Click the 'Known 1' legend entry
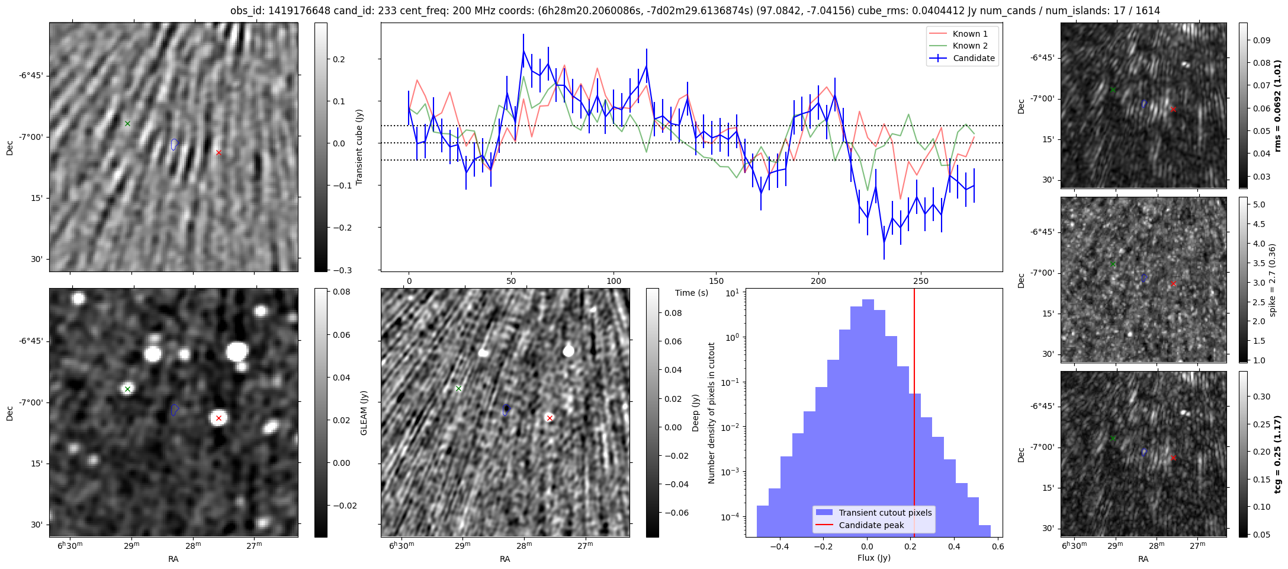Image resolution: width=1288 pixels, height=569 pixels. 969,34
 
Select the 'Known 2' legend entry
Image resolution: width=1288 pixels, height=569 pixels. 969,46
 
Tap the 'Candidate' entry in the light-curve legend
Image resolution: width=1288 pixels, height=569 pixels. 974,58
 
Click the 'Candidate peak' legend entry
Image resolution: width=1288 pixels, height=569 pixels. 871,525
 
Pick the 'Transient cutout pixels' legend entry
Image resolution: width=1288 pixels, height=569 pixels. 885,513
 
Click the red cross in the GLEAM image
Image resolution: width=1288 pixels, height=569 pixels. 219,418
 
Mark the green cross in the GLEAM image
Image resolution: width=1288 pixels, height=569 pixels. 127,389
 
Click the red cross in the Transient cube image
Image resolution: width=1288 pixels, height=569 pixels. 219,152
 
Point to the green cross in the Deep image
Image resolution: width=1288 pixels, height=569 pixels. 458,388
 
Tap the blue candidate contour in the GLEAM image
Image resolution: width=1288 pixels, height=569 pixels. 174,410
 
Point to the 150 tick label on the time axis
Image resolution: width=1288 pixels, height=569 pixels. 716,281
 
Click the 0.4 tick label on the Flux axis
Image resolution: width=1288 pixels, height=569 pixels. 954,547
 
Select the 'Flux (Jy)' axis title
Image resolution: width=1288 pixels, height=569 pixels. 873,558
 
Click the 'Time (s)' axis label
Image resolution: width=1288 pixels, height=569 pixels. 692,293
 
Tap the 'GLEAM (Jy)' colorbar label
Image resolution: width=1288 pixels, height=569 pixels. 364,413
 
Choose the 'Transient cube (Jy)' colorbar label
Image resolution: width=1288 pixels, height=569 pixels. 359,147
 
